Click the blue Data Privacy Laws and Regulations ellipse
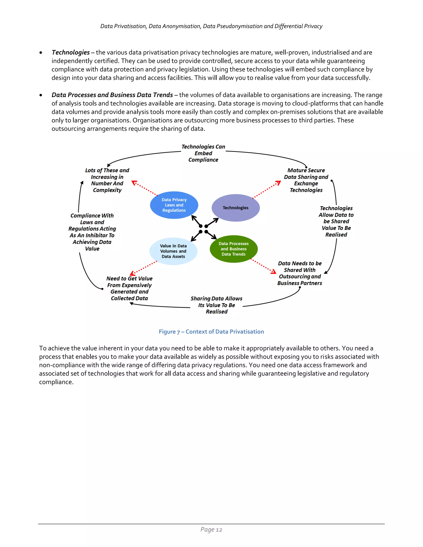(174, 205)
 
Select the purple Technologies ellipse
(235, 208)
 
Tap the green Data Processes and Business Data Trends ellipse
(234, 249)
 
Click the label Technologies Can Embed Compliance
(203, 153)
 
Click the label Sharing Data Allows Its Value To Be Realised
(216, 305)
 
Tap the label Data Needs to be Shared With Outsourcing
(300, 273)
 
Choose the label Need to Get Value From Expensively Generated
(129, 289)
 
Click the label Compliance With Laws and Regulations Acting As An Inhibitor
(92, 232)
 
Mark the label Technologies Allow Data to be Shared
(336, 221)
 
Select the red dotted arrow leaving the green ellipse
(263, 266)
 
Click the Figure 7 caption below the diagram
(211, 332)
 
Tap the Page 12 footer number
(211, 529)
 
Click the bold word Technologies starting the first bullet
(71, 52)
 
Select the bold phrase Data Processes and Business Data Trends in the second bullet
(112, 95)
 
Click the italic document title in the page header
(211, 26)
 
